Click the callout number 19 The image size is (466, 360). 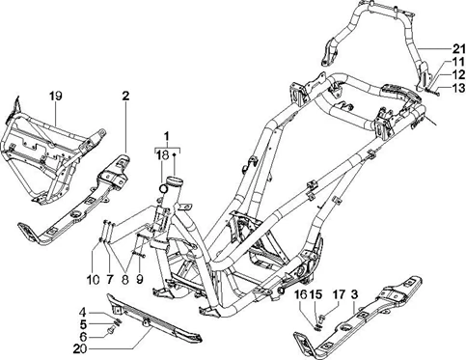pos(56,96)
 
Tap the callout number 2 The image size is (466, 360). pos(125,96)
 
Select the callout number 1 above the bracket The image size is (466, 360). pos(167,137)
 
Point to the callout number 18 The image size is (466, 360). pos(163,155)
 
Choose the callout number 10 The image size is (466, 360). pos(93,280)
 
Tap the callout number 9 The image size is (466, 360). pos(140,280)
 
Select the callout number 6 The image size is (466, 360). pos(83,337)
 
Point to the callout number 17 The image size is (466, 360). pos(339,294)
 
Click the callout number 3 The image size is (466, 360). pos(354,294)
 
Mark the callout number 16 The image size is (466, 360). pos(302,294)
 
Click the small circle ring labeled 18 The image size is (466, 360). pos(163,187)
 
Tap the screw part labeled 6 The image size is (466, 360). pos(110,329)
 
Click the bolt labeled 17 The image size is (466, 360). pos(322,318)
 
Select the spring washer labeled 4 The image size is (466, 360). pos(117,320)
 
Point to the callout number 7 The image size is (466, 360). pos(109,280)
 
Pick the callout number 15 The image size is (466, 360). pos(315,294)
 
